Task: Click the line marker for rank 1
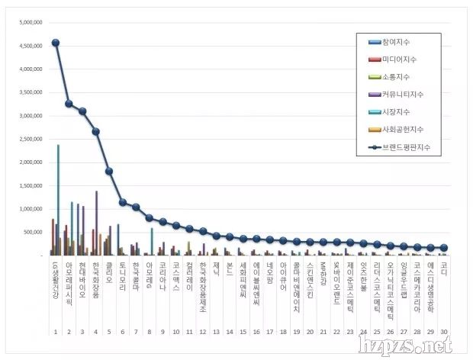56,43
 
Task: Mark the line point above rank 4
95,131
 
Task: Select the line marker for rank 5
109,171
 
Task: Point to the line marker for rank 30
444,248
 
